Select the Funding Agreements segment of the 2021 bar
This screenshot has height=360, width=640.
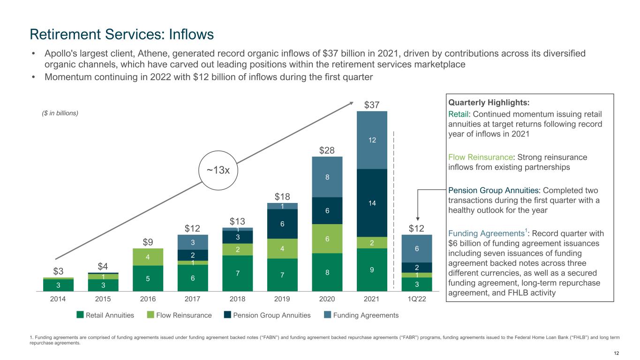(x=372, y=140)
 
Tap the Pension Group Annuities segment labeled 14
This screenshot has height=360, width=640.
(x=372, y=202)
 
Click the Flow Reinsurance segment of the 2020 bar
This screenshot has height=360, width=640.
(x=327, y=239)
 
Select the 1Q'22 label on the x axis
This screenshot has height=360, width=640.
(x=417, y=298)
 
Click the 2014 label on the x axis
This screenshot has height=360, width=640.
(x=58, y=298)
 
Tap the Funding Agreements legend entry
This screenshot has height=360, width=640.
(x=361, y=315)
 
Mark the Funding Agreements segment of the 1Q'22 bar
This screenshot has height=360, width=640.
(x=417, y=248)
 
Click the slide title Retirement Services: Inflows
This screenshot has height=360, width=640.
(x=121, y=34)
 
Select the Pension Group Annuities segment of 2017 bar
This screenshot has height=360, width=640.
(x=192, y=255)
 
